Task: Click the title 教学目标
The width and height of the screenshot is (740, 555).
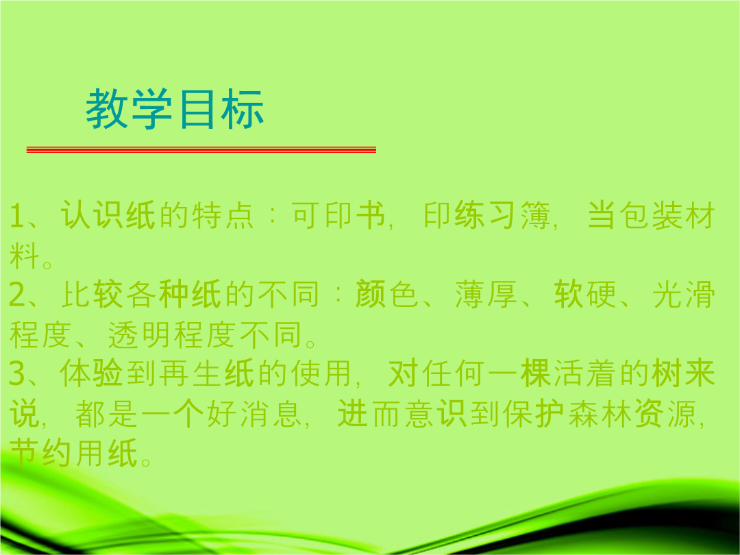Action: click(x=175, y=109)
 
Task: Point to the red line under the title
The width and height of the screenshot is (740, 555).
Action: click(x=201, y=149)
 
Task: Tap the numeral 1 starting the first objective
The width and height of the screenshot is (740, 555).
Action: click(x=16, y=216)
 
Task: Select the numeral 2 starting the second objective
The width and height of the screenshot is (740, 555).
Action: click(x=17, y=295)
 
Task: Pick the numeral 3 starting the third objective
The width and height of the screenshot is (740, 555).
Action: click(x=17, y=373)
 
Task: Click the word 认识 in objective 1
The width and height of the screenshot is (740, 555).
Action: click(x=92, y=215)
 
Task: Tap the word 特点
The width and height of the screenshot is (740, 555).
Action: click(x=223, y=215)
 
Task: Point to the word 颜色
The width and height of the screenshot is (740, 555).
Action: click(x=386, y=294)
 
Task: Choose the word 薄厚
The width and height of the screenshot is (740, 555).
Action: click(x=486, y=294)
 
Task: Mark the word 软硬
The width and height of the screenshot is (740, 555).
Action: click(x=585, y=294)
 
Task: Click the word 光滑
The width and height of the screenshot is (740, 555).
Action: click(x=684, y=294)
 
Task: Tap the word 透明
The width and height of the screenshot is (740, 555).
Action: click(x=140, y=334)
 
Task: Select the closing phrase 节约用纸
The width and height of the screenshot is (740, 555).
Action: click(x=73, y=453)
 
